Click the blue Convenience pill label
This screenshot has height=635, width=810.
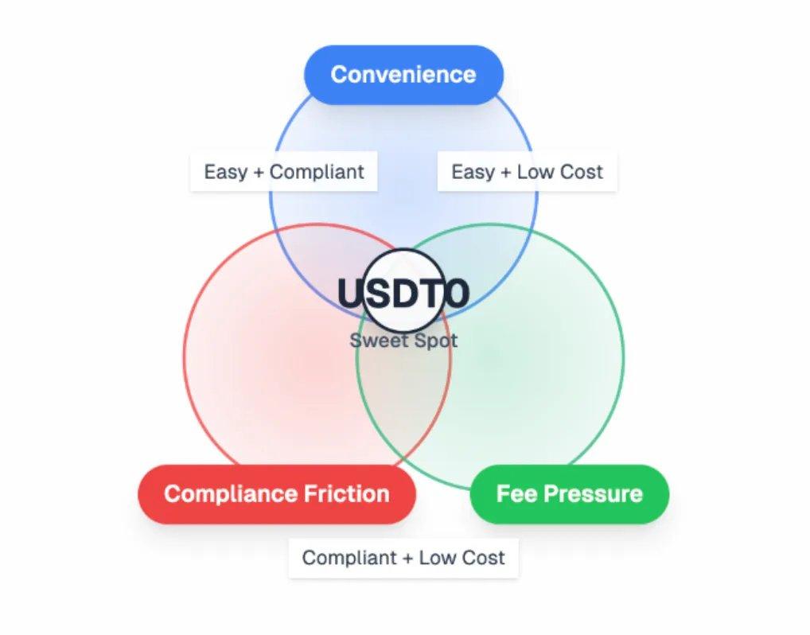pyautogui.click(x=403, y=75)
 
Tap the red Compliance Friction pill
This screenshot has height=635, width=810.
pyautogui.click(x=277, y=493)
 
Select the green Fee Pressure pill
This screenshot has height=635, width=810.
pyautogui.click(x=570, y=493)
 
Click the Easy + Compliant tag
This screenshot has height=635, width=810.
pyautogui.click(x=284, y=172)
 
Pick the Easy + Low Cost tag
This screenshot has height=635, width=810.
pyautogui.click(x=527, y=172)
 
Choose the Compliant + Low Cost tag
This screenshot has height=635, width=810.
pyautogui.click(x=403, y=558)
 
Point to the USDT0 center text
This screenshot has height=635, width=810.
pyautogui.click(x=403, y=294)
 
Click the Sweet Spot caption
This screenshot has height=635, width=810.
pyautogui.click(x=403, y=341)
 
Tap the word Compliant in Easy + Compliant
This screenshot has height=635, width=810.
pyautogui.click(x=317, y=172)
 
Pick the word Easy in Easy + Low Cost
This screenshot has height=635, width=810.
pyautogui.click(x=473, y=172)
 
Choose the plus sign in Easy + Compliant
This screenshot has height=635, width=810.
pyautogui.click(x=257, y=172)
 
